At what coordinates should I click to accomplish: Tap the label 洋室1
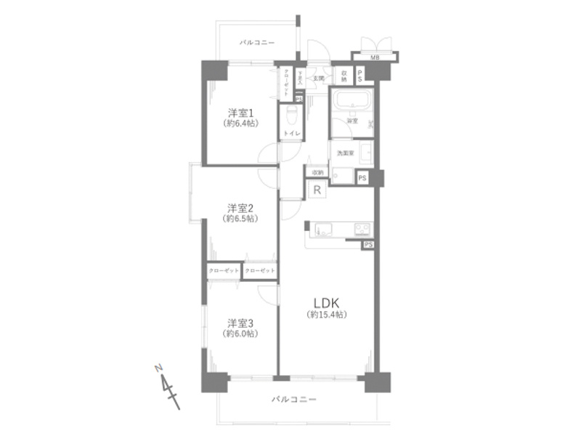tap(240, 113)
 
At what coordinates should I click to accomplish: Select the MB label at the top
tap(375, 57)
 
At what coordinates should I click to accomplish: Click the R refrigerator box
tap(317, 190)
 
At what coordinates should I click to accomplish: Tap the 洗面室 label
tap(344, 153)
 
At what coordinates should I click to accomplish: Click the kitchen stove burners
tap(362, 230)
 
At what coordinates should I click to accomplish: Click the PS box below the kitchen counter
tap(368, 244)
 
